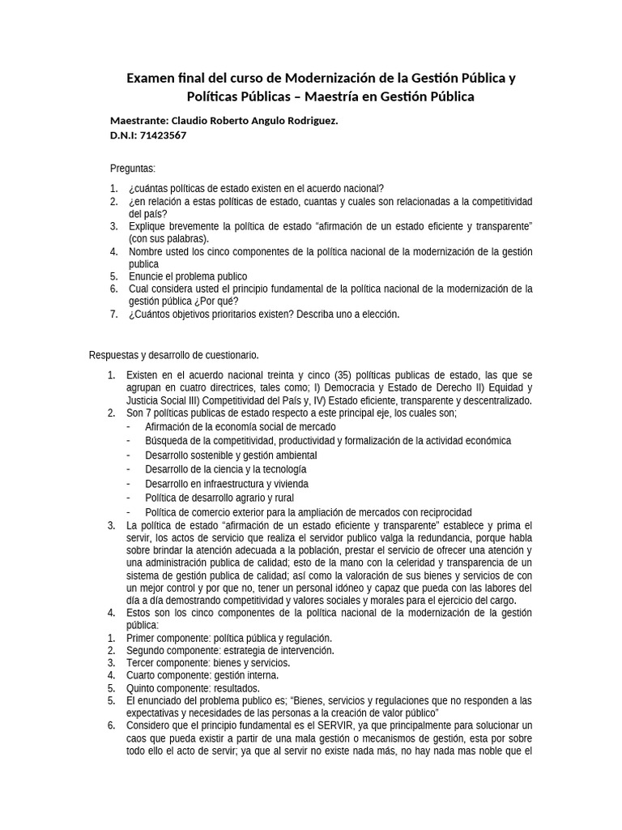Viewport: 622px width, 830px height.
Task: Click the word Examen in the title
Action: click(151, 79)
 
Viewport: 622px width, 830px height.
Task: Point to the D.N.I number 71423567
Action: click(164, 135)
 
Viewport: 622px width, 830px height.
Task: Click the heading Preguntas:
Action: click(132, 169)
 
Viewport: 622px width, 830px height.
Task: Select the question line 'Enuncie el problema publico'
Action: click(188, 276)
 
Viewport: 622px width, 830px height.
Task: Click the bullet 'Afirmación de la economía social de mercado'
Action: click(241, 426)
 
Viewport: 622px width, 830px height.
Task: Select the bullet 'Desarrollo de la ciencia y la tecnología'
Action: click(226, 469)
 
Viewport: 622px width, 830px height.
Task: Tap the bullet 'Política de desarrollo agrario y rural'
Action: click(219, 498)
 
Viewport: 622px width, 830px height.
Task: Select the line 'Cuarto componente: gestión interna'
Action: click(202, 675)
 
